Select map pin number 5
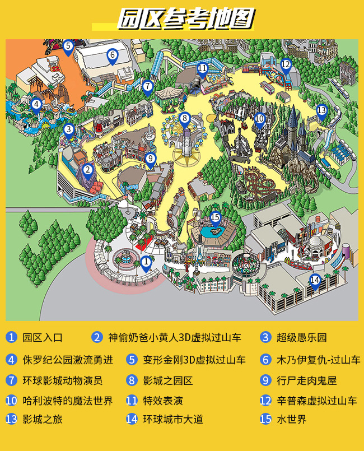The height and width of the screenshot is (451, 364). (68, 47)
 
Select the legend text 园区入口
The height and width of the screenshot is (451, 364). (43, 337)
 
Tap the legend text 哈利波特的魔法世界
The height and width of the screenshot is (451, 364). (68, 401)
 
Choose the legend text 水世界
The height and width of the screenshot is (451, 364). (291, 419)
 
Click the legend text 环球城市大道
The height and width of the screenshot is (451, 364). (172, 419)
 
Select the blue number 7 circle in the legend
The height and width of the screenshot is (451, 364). (12, 380)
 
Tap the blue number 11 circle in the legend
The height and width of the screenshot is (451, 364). (132, 401)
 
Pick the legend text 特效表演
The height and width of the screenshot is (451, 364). (162, 401)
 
